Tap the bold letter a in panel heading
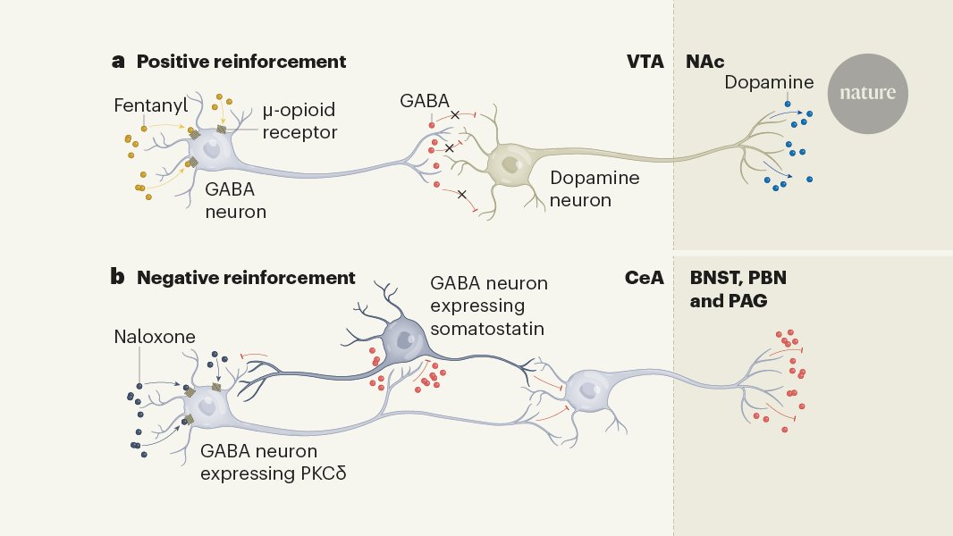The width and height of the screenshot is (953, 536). (x=118, y=62)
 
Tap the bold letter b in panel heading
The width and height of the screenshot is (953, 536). (x=118, y=278)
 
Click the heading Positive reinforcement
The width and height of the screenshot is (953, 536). (x=240, y=62)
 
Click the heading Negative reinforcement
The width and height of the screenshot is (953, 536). (x=246, y=278)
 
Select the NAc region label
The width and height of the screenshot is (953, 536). (x=704, y=62)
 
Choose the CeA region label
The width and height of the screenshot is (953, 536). (x=644, y=278)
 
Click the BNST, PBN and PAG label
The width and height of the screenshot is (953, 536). (x=729, y=289)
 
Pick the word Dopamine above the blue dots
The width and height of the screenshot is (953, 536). (x=769, y=82)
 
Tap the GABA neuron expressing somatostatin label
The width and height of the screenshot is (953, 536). (x=489, y=306)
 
